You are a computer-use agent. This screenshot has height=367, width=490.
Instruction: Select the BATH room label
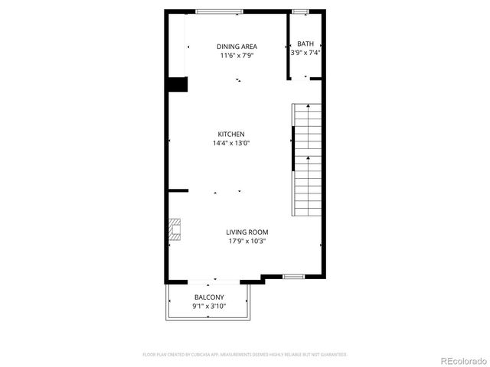point(305,44)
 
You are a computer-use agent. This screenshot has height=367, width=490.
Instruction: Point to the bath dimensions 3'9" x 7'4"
point(305,53)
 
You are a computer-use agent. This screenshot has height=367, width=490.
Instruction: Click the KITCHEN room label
point(230,134)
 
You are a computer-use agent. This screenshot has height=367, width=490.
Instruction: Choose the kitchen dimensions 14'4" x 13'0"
point(230,143)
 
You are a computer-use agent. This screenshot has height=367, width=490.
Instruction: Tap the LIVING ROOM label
point(247,232)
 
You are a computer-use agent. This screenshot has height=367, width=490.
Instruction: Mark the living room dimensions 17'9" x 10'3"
point(247,242)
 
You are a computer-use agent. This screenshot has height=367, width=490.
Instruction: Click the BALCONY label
point(209,297)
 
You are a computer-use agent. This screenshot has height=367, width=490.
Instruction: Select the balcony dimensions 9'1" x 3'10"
point(209,307)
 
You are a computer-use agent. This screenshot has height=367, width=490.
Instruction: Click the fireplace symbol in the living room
point(175,229)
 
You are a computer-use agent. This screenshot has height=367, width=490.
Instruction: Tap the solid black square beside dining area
point(178,84)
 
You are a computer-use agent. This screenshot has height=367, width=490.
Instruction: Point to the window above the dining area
point(219,11)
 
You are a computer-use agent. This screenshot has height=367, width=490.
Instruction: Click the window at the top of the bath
point(301,11)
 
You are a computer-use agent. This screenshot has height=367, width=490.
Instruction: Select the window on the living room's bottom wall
point(294,276)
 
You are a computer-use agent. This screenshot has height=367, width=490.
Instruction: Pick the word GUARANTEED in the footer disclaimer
point(334,355)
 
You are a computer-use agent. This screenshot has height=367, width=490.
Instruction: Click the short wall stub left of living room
point(178,190)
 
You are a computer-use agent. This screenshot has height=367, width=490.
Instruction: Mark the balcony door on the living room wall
point(215,280)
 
